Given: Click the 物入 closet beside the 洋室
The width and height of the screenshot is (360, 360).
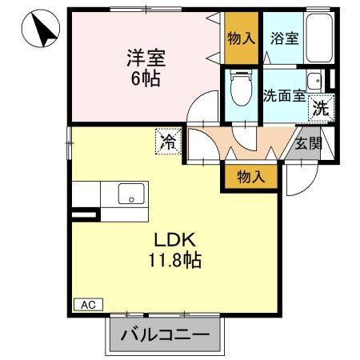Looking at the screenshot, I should (x=241, y=38).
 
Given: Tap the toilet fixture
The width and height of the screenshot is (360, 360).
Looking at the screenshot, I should (x=240, y=90).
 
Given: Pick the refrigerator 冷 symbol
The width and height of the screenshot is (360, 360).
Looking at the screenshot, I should (x=169, y=142).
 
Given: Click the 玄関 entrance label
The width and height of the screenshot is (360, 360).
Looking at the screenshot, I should (x=307, y=144).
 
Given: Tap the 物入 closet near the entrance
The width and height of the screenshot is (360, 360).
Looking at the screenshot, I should (x=250, y=175).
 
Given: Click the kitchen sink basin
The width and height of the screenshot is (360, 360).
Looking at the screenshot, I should (x=130, y=194).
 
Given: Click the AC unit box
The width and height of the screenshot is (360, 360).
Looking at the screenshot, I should (x=89, y=304).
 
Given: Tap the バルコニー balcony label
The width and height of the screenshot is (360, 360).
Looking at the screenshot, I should (x=165, y=335).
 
